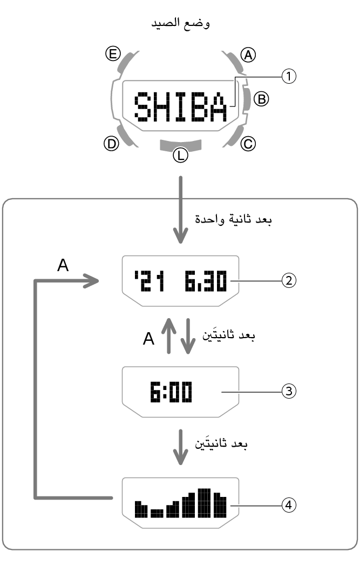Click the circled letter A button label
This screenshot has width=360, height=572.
pos(248,55)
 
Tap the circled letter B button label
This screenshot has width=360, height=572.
pos(261,98)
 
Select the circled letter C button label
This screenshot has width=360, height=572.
pos(248,143)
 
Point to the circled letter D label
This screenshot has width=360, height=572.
pos(111,144)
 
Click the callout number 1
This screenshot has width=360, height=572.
pos(289,77)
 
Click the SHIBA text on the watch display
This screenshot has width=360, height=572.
pos(180,107)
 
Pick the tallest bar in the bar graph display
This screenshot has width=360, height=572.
pos(203,502)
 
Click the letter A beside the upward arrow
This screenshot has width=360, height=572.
pos(149,339)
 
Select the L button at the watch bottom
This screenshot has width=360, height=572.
pos(180,144)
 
